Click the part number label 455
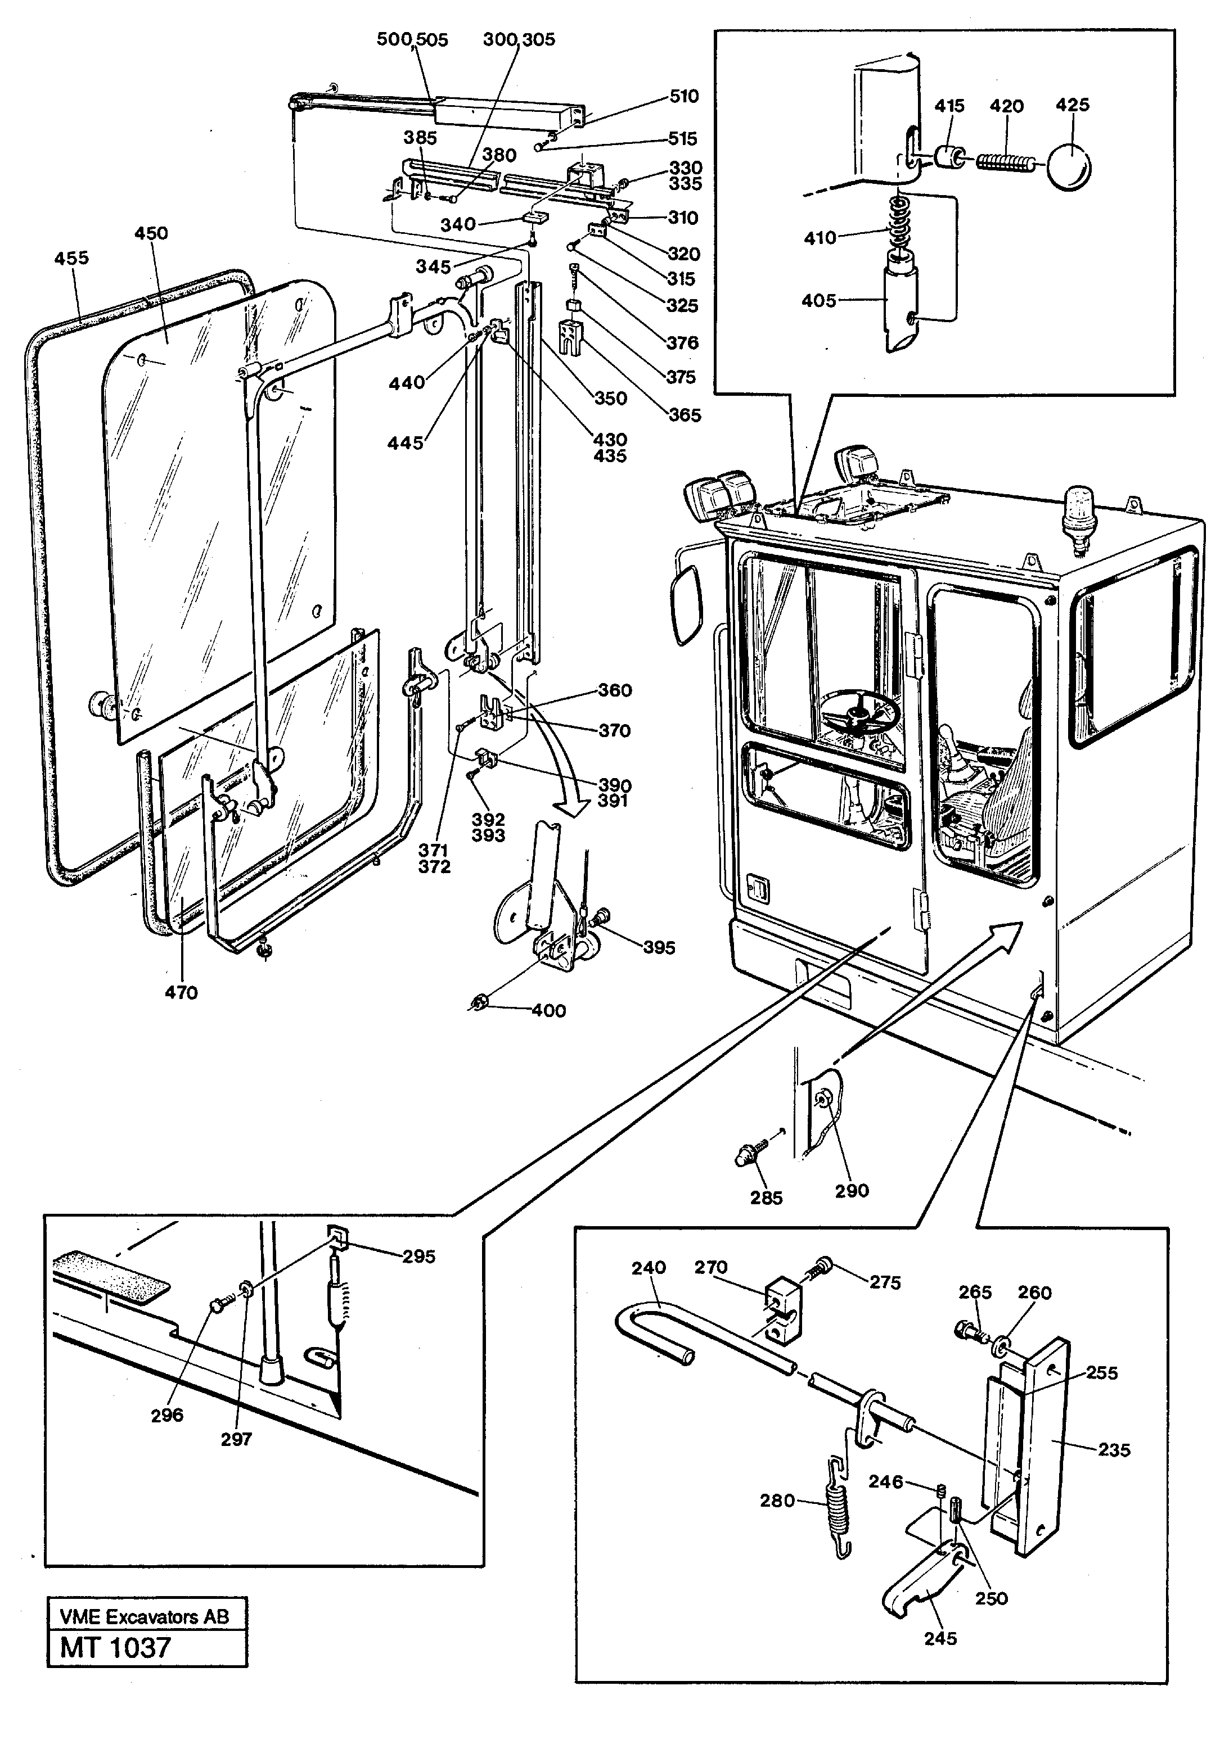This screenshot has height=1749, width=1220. (71, 258)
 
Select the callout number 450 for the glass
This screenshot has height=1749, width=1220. (151, 233)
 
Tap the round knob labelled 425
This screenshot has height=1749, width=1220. (1068, 165)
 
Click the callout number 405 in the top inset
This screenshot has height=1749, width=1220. (818, 301)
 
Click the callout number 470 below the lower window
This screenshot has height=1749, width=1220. (181, 993)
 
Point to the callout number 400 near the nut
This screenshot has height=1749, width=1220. (548, 1011)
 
